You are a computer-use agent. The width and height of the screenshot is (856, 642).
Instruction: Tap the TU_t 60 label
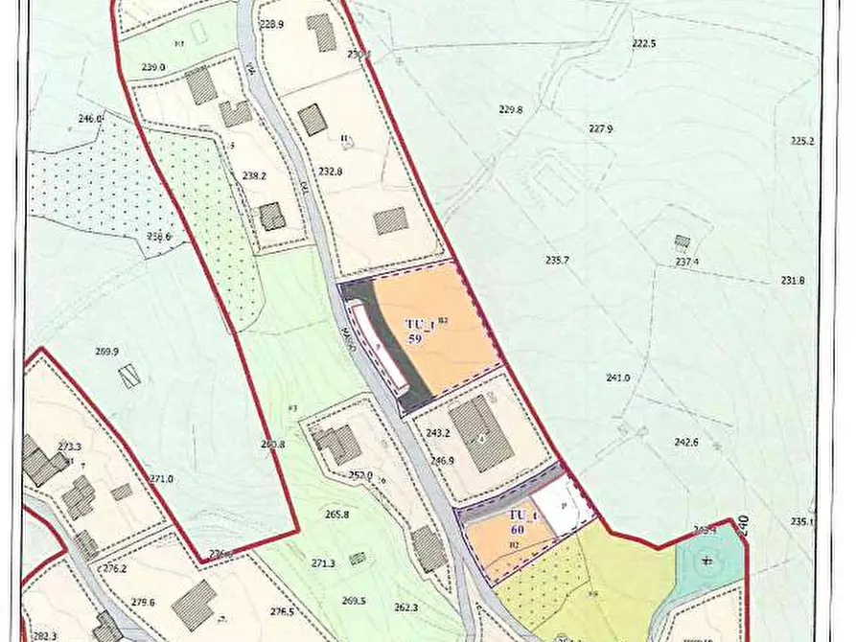522,521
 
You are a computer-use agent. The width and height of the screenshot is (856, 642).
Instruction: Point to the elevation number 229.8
511,110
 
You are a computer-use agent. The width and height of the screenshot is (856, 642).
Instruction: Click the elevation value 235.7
558,260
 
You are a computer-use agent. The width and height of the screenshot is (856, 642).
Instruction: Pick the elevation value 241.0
618,378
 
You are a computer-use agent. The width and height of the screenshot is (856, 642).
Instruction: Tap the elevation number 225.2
801,142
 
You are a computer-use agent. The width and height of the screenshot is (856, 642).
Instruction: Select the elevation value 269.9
106,352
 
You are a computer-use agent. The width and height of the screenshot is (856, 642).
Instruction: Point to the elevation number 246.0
90,119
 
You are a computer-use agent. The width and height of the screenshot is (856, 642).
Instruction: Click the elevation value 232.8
331,172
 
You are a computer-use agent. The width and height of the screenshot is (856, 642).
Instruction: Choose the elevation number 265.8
336,515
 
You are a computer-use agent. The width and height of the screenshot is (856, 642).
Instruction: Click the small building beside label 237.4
682,241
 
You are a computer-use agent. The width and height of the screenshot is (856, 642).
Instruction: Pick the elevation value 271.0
161,479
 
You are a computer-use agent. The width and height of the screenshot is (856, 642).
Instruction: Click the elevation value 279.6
144,603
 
